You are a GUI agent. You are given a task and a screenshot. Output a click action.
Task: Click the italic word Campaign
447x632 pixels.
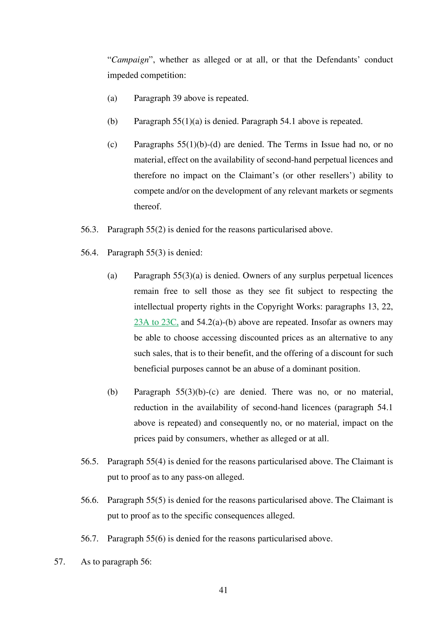pos(130,60)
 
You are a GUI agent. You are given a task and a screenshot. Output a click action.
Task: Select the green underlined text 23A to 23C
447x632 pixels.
pos(156,322)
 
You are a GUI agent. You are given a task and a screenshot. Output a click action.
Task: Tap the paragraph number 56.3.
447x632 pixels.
pos(90,230)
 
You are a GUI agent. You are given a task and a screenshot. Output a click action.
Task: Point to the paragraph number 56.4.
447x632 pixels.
pos(90,253)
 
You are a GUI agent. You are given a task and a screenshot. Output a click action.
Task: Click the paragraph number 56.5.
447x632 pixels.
pos(90,462)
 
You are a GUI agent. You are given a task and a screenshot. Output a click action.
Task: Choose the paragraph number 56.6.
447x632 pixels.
pos(90,500)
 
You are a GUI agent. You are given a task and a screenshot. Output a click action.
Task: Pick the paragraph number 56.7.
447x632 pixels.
pos(90,539)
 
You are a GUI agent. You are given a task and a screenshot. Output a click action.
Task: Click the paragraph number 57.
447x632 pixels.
pos(59,562)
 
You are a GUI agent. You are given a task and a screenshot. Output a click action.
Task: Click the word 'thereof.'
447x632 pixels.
pos(148,207)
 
